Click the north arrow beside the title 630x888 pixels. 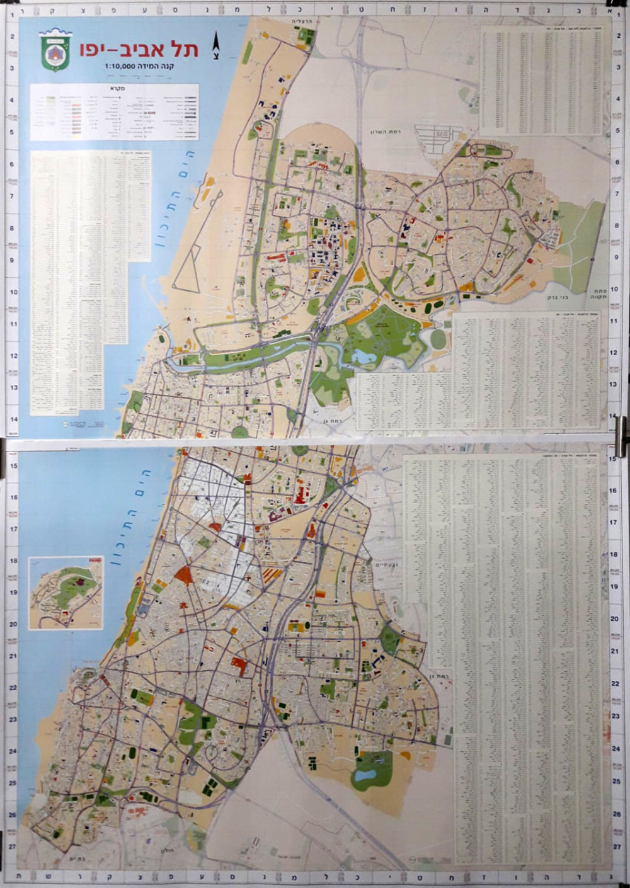pyautogui.click(x=216, y=45)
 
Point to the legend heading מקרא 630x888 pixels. pyautogui.click(x=114, y=88)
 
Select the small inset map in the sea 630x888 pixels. pyautogui.click(x=66, y=593)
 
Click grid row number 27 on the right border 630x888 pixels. pyautogui.click(x=616, y=847)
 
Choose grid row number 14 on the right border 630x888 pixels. pyautogui.click(x=614, y=419)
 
